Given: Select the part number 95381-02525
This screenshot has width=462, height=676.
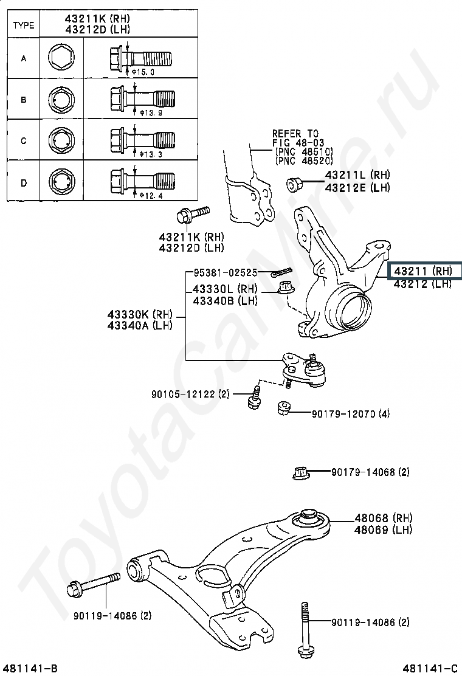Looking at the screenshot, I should point(226,273).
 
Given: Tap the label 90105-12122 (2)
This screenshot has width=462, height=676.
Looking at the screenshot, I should point(190,395).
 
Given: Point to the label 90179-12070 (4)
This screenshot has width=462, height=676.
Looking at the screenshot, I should point(351,414).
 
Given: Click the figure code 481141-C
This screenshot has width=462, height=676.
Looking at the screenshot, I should point(432,669).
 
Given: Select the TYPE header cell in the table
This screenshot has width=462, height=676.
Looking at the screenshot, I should point(24,25).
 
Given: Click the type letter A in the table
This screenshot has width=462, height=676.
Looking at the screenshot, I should point(24,59).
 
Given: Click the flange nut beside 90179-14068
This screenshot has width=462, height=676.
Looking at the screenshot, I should point(301,472).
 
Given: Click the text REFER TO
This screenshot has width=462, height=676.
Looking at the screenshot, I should point(295,133).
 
